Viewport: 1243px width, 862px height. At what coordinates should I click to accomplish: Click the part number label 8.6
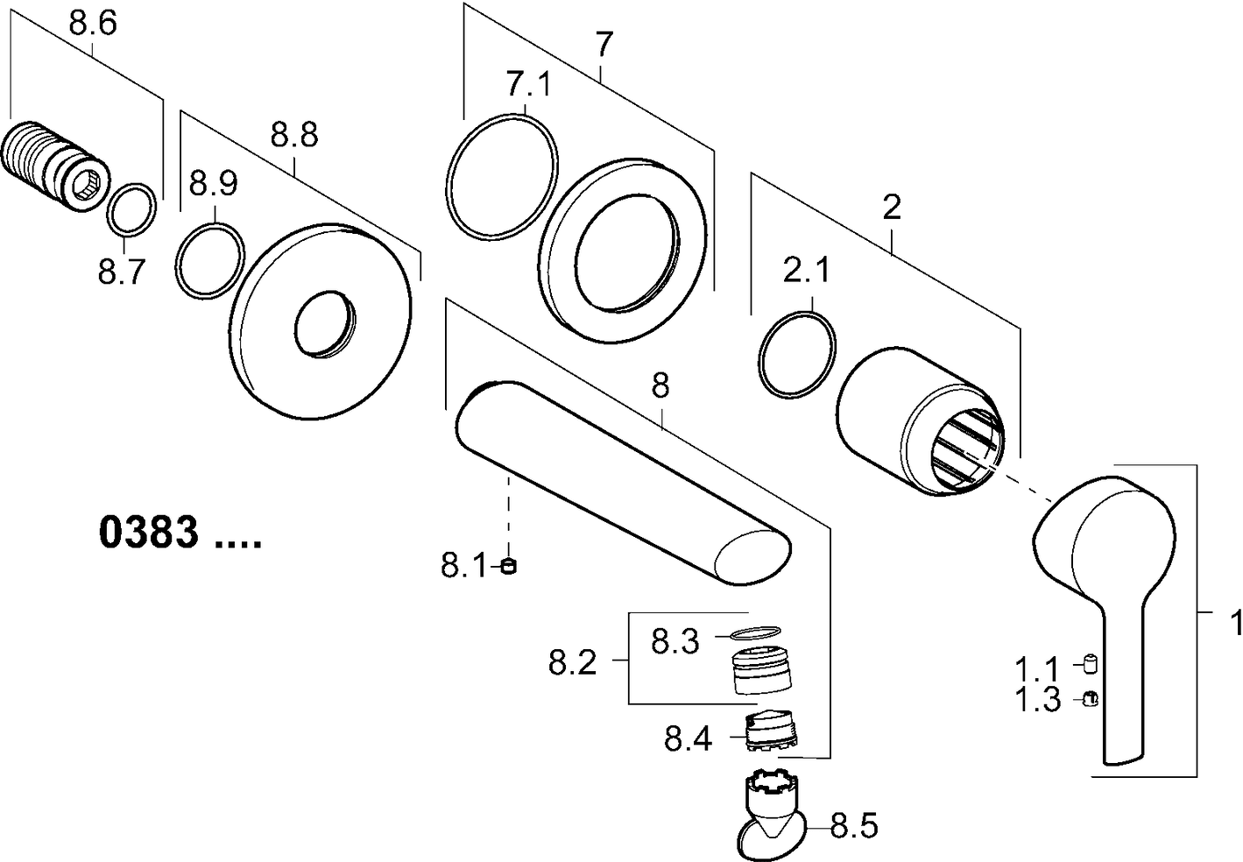92,24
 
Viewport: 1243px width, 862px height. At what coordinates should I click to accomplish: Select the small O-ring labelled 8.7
133,210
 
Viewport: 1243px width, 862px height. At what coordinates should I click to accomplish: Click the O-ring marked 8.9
209,261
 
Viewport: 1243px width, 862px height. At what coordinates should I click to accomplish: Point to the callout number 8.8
294,136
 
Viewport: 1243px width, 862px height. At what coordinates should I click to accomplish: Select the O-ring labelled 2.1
797,353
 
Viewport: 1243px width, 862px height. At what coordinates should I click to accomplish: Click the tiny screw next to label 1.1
1091,663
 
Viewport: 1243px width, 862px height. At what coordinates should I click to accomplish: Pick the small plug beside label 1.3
1091,699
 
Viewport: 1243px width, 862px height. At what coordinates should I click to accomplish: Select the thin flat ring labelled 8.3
756,632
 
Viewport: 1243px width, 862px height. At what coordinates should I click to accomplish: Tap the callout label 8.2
573,662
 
